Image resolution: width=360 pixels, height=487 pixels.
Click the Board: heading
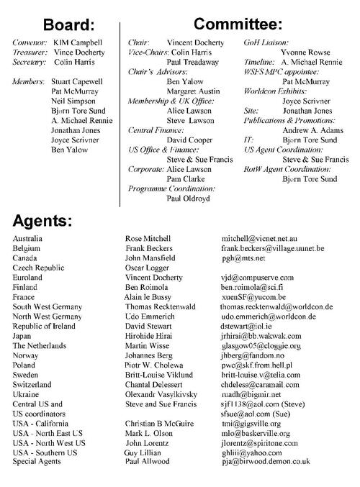(68, 24)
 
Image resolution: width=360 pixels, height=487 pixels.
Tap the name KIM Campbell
(78, 42)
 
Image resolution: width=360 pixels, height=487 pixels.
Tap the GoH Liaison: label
(267, 42)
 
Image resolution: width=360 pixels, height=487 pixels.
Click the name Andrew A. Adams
(306, 141)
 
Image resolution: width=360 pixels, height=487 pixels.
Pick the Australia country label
(28, 238)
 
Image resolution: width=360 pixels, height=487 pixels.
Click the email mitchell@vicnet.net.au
(264, 238)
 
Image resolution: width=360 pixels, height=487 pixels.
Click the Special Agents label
(37, 481)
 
